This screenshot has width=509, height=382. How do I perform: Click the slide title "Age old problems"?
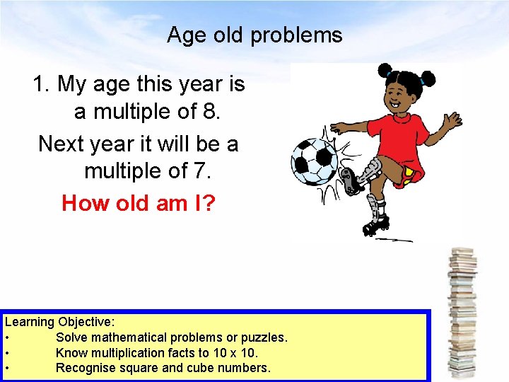(x=255, y=35)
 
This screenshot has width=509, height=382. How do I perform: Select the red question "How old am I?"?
(x=139, y=204)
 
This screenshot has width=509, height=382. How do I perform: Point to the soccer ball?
(x=315, y=161)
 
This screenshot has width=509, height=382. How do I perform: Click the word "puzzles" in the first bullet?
(x=262, y=337)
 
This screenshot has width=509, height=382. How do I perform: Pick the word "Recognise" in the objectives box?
(x=84, y=368)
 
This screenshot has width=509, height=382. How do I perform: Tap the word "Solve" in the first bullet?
(x=71, y=337)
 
